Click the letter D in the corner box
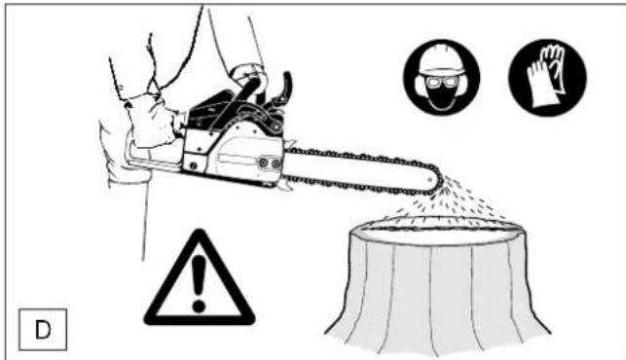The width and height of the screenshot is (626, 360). pyautogui.click(x=43, y=330)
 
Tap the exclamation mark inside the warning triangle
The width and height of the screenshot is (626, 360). pyautogui.click(x=199, y=283)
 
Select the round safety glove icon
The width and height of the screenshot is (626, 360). pyautogui.click(x=547, y=78)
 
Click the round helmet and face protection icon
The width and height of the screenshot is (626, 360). pyautogui.click(x=442, y=77)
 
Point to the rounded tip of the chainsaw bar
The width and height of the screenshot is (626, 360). pyautogui.click(x=435, y=180)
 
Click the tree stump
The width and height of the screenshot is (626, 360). pyautogui.click(x=437, y=284)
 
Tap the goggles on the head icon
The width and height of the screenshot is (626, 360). pyautogui.click(x=441, y=83)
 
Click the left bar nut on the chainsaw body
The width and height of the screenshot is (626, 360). pyautogui.click(x=263, y=162)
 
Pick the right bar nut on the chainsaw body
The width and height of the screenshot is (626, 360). pyautogui.click(x=276, y=163)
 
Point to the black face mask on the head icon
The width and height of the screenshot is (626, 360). pyautogui.click(x=442, y=98)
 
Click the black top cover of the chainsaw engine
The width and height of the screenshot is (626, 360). pyautogui.click(x=211, y=105)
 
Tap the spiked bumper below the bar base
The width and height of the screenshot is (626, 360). pyautogui.click(x=284, y=186)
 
